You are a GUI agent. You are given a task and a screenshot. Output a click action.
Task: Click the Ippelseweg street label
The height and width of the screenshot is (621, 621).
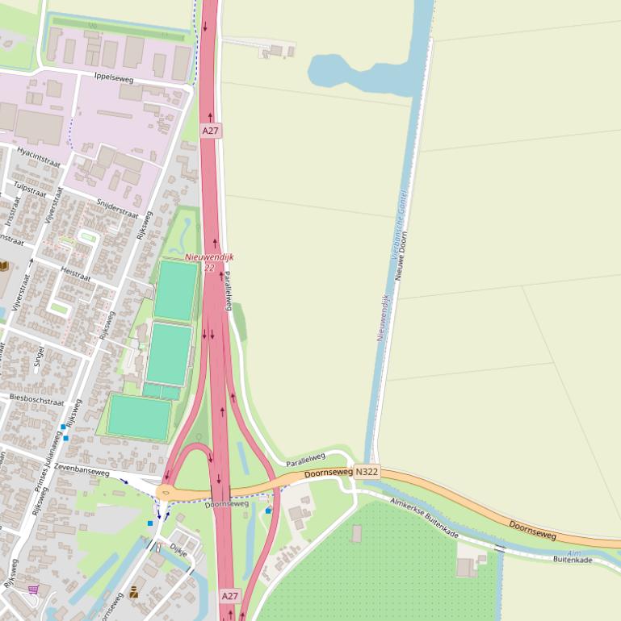click(x=112, y=77)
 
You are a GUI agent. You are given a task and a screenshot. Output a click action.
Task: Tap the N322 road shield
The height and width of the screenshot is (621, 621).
click(x=367, y=471)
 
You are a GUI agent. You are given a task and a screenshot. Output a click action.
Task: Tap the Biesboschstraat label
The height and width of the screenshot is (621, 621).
click(x=36, y=399)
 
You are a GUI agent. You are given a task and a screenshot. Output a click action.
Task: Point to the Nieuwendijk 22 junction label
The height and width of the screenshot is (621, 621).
click(x=209, y=262)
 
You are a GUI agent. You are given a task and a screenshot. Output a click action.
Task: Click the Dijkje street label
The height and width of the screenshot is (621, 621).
click(x=179, y=550)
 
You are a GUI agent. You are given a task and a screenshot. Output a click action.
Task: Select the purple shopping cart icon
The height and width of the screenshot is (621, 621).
click(x=33, y=590)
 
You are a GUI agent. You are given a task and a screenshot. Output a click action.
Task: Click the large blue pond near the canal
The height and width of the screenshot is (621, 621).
click(x=359, y=71)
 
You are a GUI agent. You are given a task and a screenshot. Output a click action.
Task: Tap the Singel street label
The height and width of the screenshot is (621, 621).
click(x=39, y=356)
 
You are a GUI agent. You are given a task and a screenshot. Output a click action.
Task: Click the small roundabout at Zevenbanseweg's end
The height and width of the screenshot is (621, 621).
click(x=166, y=492)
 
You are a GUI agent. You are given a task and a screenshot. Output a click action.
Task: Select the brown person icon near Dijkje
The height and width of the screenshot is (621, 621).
click(x=133, y=592)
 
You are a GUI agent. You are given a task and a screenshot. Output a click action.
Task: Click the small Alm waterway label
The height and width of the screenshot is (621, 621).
click(x=573, y=553)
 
